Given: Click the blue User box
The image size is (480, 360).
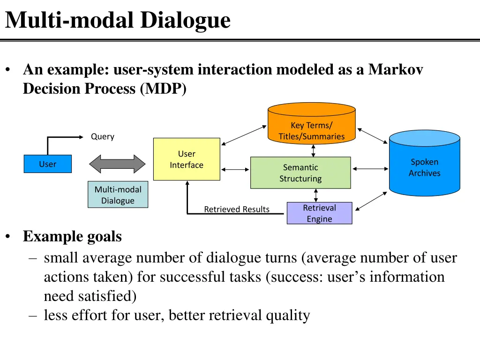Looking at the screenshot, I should tap(47, 164).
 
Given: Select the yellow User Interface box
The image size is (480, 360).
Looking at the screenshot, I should tap(187, 159).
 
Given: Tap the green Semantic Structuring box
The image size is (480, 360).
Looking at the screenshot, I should tap(300, 173).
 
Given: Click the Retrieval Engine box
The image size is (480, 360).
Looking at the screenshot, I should tap(319, 213).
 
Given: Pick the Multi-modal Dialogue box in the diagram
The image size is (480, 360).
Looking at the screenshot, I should tap(118, 195).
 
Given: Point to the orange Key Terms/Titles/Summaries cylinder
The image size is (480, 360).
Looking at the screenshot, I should tap(311, 124).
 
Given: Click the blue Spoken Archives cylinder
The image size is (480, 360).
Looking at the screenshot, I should tap(424, 164).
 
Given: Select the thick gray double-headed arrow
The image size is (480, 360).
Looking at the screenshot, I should tap(118, 164).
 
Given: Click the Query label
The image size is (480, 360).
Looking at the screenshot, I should tap(103, 136).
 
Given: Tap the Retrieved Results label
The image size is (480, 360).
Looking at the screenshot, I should tap(237, 209).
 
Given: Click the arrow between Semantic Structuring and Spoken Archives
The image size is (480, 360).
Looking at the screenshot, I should tap(370, 168).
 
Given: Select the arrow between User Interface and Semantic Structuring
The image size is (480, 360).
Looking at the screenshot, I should tap(235, 168).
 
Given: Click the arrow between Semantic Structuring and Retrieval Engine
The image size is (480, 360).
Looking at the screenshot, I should tap(316, 195).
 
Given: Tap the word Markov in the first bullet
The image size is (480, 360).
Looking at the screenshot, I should tap(396, 70).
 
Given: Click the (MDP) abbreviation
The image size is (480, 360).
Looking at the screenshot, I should tap(163, 89).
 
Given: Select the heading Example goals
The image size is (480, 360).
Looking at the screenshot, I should tap(72, 236).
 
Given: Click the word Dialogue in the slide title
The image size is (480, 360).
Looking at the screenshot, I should tap(186, 20).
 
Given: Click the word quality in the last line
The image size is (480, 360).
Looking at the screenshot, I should tap(288, 315).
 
